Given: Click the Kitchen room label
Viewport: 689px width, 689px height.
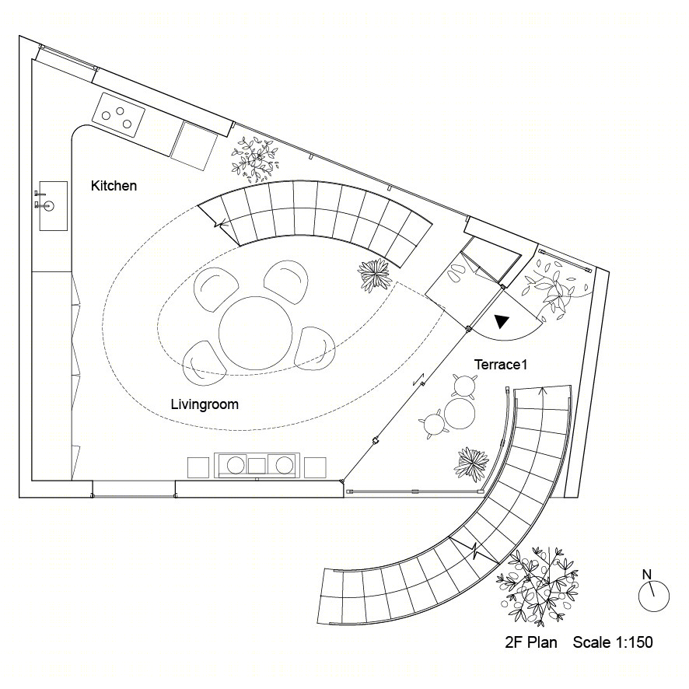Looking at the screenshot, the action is click(114, 186).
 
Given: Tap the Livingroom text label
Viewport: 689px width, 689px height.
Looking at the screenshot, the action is click(205, 404).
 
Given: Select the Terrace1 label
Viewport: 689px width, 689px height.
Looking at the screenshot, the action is click(501, 364).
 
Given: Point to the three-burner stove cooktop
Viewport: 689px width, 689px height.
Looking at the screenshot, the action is click(118, 114).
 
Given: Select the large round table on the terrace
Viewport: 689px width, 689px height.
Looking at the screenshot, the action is click(459, 413).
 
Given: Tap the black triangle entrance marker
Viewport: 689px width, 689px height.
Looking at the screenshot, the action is click(501, 321).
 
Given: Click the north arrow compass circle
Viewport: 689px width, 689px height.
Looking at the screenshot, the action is click(654, 596).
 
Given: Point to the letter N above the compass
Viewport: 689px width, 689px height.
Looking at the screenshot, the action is click(646, 575).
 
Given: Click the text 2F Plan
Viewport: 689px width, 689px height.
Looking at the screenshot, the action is click(531, 642).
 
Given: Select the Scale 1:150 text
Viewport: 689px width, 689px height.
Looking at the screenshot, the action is click(613, 642).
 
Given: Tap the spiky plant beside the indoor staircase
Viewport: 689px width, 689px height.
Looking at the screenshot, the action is click(374, 275).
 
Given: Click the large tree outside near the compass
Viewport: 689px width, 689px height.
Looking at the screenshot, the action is click(537, 586).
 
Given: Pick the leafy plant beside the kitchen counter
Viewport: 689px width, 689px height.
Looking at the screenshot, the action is click(255, 159).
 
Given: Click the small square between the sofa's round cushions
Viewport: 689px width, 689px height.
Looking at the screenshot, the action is click(257, 466).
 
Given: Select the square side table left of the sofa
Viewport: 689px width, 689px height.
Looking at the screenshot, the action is click(198, 467).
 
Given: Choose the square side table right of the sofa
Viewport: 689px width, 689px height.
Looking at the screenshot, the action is click(315, 467).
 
